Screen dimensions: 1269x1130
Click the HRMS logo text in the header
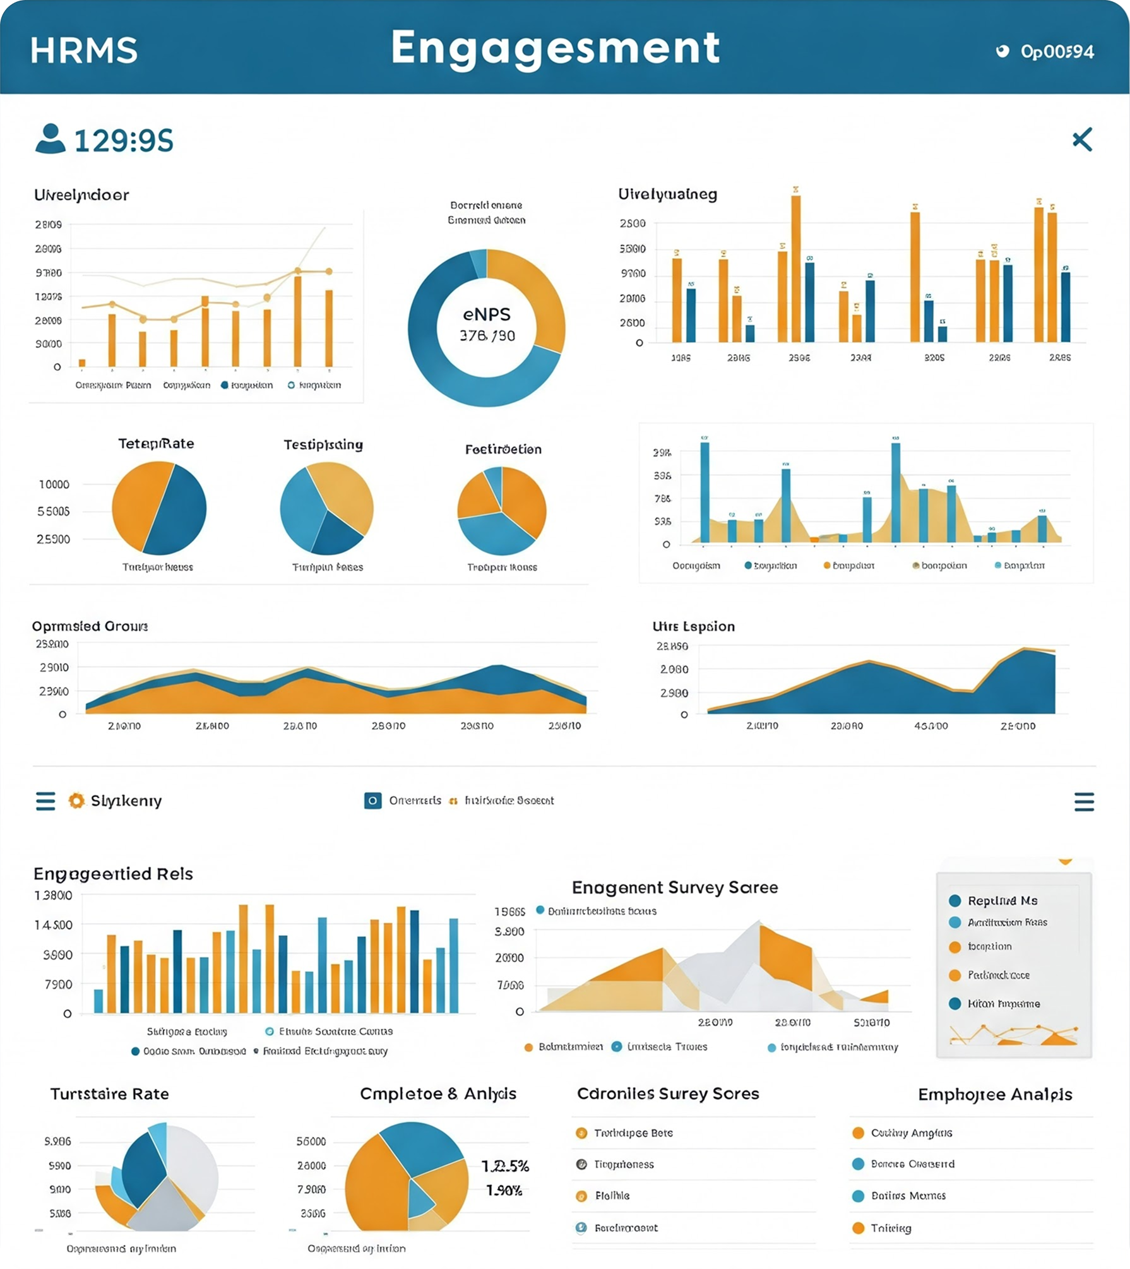(83, 51)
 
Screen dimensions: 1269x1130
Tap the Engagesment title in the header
(555, 48)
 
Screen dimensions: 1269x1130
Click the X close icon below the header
(1082, 140)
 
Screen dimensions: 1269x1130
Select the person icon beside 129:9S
(51, 139)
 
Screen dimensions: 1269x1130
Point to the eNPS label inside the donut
(487, 314)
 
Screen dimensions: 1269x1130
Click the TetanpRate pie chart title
(156, 444)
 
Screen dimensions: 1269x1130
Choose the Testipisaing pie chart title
(323, 445)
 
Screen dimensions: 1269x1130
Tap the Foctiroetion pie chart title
(503, 450)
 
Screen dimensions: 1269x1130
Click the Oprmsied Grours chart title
(90, 626)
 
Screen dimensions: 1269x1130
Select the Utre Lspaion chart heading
(693, 626)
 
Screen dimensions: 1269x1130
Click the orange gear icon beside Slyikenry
(76, 801)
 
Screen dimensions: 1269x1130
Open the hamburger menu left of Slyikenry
(45, 801)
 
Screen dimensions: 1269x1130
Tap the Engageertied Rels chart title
(113, 874)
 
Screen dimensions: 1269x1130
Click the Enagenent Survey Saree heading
(675, 888)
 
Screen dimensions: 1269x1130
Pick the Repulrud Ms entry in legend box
(1002, 901)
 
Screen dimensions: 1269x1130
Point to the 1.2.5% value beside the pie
(505, 1166)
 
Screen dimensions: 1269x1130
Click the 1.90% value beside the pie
(504, 1191)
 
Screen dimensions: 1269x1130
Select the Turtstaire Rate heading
(110, 1094)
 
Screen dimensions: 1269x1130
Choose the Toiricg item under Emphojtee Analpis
(891, 1228)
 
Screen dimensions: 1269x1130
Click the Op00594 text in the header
(1057, 52)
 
